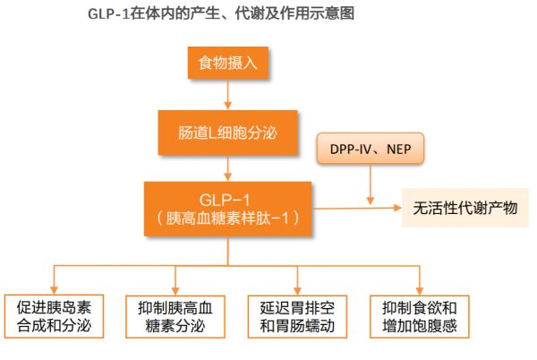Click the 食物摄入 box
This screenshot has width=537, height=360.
point(227,63)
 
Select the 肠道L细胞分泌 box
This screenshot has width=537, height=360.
point(227,133)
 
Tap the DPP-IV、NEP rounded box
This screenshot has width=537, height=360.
point(371,149)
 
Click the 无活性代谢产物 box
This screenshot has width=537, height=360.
point(465,208)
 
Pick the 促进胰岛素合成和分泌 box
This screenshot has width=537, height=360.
point(54,316)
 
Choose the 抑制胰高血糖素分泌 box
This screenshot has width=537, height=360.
point(175,316)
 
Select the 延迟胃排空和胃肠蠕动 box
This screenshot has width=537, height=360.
point(297,316)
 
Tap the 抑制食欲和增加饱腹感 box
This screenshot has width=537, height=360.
point(420,316)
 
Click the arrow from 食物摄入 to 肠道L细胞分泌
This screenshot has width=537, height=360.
point(227,94)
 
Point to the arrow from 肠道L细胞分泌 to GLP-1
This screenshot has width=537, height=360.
point(227,167)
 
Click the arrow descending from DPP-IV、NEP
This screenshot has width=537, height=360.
point(371,184)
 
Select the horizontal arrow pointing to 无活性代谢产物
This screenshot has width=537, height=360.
point(356,208)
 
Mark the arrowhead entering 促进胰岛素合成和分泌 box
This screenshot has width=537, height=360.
point(54,290)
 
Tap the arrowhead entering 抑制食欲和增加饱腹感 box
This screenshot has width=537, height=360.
point(420,291)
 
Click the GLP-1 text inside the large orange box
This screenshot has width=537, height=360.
point(225,200)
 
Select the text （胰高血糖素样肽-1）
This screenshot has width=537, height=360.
point(227,219)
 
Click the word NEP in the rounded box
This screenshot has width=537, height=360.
point(398,149)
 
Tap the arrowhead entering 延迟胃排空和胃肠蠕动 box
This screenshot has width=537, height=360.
point(297,291)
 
